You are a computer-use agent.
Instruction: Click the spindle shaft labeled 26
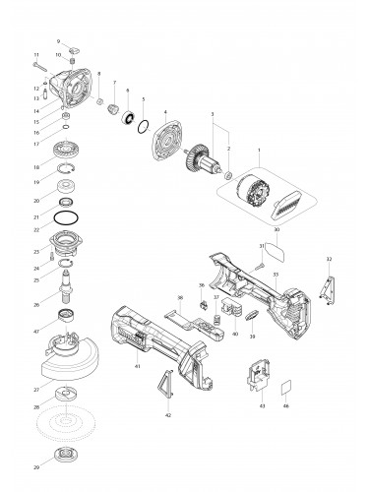[x=70, y=291]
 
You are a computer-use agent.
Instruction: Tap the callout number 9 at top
[x=59, y=40]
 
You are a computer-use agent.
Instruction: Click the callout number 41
[x=137, y=365]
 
